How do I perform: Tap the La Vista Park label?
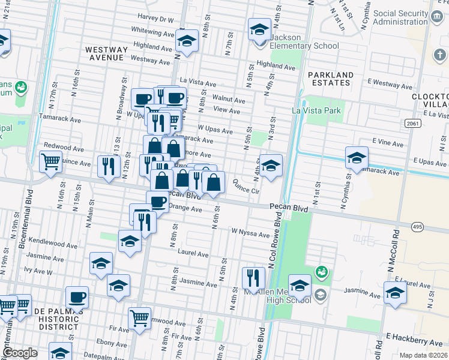click(316, 110)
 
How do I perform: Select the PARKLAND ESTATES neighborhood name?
click(331, 79)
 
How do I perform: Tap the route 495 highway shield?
click(417, 226)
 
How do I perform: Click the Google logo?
click(19, 353)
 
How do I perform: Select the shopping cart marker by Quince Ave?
click(51, 161)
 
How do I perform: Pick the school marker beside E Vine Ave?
click(357, 157)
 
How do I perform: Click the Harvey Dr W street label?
click(155, 19)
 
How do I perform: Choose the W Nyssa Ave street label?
click(250, 233)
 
